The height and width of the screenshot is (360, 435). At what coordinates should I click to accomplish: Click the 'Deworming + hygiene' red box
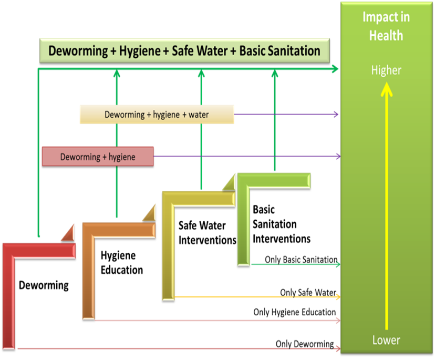pos(98,157)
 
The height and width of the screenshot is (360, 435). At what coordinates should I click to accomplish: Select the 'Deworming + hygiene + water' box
pos(157,114)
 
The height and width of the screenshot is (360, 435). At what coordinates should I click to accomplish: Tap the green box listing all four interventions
pos(184,51)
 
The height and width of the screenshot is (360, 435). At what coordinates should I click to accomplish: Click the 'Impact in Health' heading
pos(386,26)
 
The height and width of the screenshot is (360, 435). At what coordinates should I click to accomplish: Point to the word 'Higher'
pos(386,70)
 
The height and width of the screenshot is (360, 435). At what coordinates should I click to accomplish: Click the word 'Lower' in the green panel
pos(386,340)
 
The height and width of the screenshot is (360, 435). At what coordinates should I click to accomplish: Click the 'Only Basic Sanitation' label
pos(301,259)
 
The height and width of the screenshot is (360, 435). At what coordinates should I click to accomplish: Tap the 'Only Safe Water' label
pos(308,292)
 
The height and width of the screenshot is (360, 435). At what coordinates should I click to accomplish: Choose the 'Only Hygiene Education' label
pos(294,312)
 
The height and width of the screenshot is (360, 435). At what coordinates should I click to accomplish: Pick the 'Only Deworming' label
pos(305,344)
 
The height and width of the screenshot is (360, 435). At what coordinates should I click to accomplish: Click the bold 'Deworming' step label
pos(44,285)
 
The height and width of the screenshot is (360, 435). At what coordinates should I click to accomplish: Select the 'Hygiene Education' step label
pos(121,263)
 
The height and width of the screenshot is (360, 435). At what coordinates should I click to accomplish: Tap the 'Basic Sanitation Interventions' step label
pos(281,224)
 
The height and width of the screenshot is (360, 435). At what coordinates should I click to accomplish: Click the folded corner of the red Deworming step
pos(69,234)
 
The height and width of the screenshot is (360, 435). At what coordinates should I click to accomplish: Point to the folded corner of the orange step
pos(150,214)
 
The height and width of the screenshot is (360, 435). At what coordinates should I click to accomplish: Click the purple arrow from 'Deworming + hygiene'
pos(247,156)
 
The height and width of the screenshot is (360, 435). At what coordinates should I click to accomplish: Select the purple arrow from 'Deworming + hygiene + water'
pos(286,114)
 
